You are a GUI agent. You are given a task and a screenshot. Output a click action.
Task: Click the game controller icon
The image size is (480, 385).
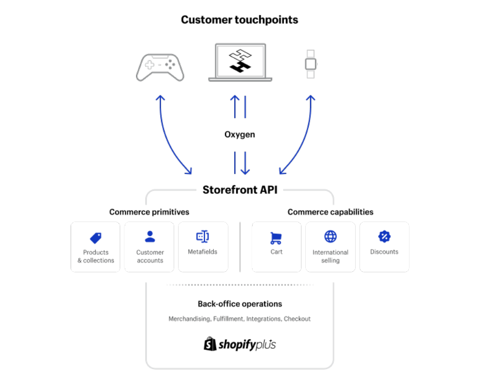pyautogui.click(x=160, y=67)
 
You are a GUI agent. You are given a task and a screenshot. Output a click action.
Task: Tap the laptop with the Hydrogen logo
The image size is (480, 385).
pyautogui.click(x=240, y=62)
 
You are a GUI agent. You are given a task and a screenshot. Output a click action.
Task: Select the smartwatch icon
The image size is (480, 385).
pyautogui.click(x=311, y=64)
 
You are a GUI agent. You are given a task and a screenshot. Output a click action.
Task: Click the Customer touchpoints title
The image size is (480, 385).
pyautogui.click(x=240, y=20)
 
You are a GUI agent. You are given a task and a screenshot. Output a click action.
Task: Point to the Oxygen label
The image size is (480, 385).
pyautogui.click(x=240, y=134)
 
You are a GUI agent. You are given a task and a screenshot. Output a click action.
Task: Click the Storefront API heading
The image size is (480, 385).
pyautogui.click(x=240, y=190)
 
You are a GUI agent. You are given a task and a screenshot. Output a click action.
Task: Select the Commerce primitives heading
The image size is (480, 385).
pyautogui.click(x=149, y=212)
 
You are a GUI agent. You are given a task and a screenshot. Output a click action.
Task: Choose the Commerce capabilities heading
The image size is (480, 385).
pyautogui.click(x=330, y=212)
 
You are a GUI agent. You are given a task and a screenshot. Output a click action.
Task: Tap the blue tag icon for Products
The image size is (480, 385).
pyautogui.click(x=95, y=238)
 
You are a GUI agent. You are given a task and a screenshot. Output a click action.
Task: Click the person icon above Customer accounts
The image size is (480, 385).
pyautogui.click(x=150, y=237)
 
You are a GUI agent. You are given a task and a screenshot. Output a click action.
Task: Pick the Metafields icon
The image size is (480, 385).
pyautogui.click(x=203, y=237)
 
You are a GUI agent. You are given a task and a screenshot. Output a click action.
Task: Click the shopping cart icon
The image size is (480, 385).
pyautogui.click(x=276, y=238)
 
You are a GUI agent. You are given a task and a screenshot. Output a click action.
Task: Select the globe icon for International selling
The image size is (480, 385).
pyautogui.click(x=330, y=237)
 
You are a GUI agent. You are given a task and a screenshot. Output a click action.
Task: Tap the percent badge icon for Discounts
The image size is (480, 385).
pyautogui.click(x=384, y=237)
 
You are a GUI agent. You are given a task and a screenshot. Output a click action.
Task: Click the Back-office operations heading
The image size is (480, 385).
pyautogui.click(x=240, y=304)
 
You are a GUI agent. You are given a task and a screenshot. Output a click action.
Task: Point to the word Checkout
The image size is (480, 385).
pyautogui.click(x=297, y=319)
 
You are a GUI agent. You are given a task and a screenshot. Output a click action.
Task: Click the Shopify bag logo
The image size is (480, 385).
pyautogui.click(x=210, y=344)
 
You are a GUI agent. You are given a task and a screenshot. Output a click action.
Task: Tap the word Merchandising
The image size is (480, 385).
pyautogui.click(x=189, y=319)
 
